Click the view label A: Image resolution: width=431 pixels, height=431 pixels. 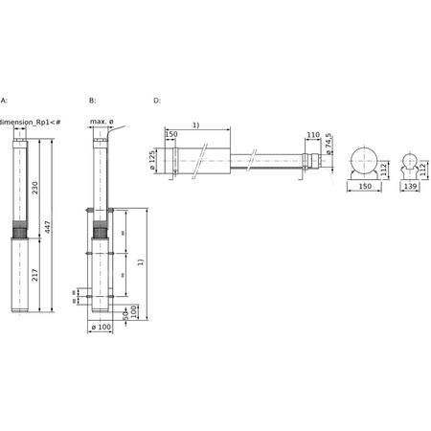pyautogui.click(x=4, y=100)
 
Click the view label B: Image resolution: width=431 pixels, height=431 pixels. pyautogui.click(x=92, y=100)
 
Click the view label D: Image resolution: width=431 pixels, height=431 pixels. pyautogui.click(x=157, y=100)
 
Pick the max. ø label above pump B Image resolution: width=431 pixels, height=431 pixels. pyautogui.click(x=102, y=122)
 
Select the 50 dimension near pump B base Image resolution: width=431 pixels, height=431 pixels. pyautogui.click(x=125, y=313)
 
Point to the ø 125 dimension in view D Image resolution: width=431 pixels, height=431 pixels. pyautogui.click(x=153, y=160)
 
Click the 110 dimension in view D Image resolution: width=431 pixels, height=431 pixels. pyautogui.click(x=312, y=136)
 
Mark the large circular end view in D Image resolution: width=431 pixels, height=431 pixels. pyautogui.click(x=363, y=162)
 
